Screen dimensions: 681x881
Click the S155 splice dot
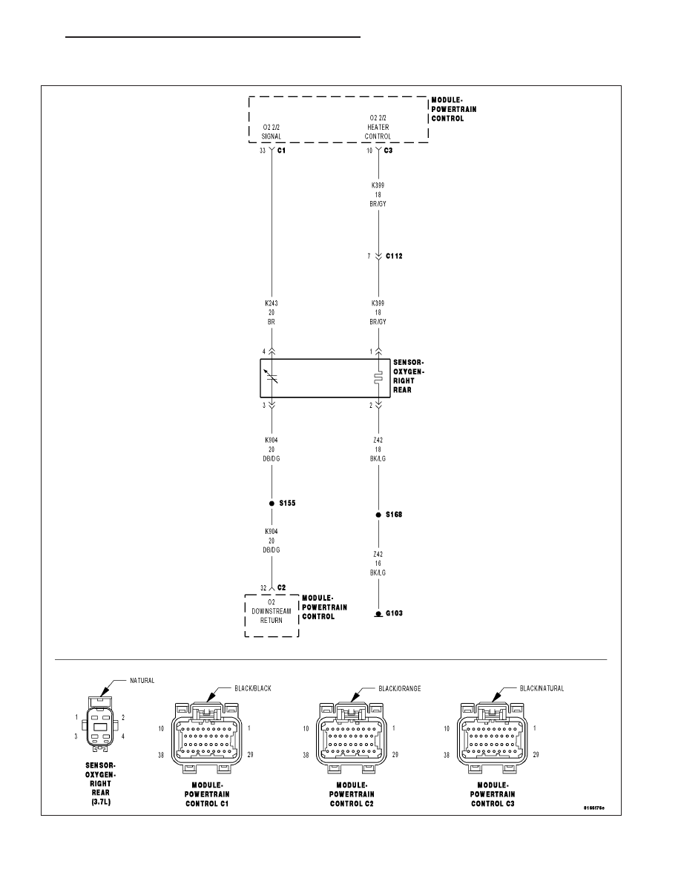(272, 503)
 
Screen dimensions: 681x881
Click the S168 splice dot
(378, 515)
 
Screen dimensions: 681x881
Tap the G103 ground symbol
(378, 613)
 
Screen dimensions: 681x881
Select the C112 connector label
(394, 256)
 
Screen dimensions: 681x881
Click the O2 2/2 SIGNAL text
(272, 132)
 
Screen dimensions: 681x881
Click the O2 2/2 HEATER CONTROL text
(378, 128)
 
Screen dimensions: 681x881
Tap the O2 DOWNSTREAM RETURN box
(272, 616)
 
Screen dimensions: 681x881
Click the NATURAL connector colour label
(142, 681)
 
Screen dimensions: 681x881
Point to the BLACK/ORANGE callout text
(400, 688)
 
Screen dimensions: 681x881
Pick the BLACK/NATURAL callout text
(542, 688)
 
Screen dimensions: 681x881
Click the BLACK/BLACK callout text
(253, 688)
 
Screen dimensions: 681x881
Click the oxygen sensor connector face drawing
(101, 724)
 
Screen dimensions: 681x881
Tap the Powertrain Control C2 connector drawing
(351, 736)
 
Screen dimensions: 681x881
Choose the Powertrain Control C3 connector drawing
(493, 736)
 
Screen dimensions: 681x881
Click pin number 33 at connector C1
(263, 151)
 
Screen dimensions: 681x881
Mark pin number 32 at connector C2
(263, 588)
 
